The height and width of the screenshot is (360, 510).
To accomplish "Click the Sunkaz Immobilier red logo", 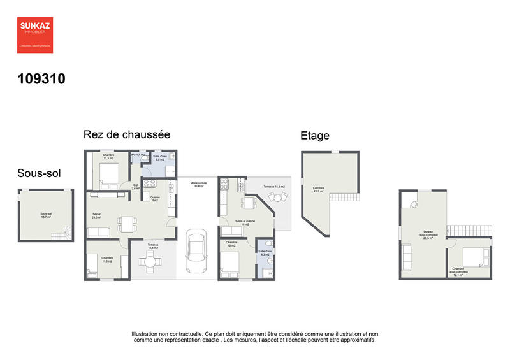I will tap(35, 35).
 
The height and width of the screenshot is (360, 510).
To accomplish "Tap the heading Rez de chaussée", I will tap(126, 135).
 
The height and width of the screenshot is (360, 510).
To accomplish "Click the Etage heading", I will tap(315, 136).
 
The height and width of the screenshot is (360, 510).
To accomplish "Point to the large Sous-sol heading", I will tap(39, 173).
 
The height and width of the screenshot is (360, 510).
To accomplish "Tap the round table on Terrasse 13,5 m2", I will tap(151, 260).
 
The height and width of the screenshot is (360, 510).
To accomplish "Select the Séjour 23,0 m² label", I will tap(97, 215).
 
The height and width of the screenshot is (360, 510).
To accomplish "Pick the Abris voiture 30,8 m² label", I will tap(198, 184).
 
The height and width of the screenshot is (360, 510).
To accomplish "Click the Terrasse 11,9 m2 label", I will tap(274, 187).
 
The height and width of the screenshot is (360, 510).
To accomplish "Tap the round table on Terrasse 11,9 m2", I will tap(277, 199).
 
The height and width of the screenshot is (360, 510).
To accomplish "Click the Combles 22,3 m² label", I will tap(318, 189).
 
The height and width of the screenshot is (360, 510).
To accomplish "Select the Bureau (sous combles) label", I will tap(428, 233).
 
